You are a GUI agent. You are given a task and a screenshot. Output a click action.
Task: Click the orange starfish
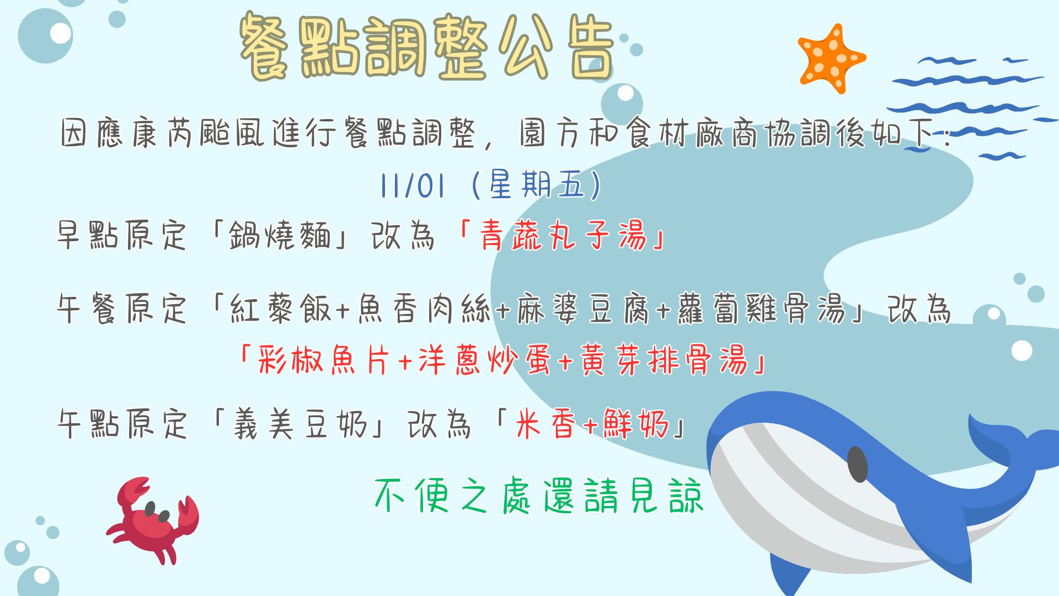point(831,58)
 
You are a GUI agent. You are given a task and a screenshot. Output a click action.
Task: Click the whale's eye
point(857,464)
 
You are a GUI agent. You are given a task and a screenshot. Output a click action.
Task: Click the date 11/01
point(412,185)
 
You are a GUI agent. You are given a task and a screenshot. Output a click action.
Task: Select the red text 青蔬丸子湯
point(563,236)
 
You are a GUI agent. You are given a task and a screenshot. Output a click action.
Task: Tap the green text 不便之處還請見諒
point(539,496)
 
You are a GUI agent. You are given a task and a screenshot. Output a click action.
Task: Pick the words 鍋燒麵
point(280,236)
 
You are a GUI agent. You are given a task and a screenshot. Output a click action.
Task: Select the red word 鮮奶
point(636,424)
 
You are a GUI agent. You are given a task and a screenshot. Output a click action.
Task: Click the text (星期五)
point(537,185)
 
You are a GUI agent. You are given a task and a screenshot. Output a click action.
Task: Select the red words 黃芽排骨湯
point(664,360)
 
